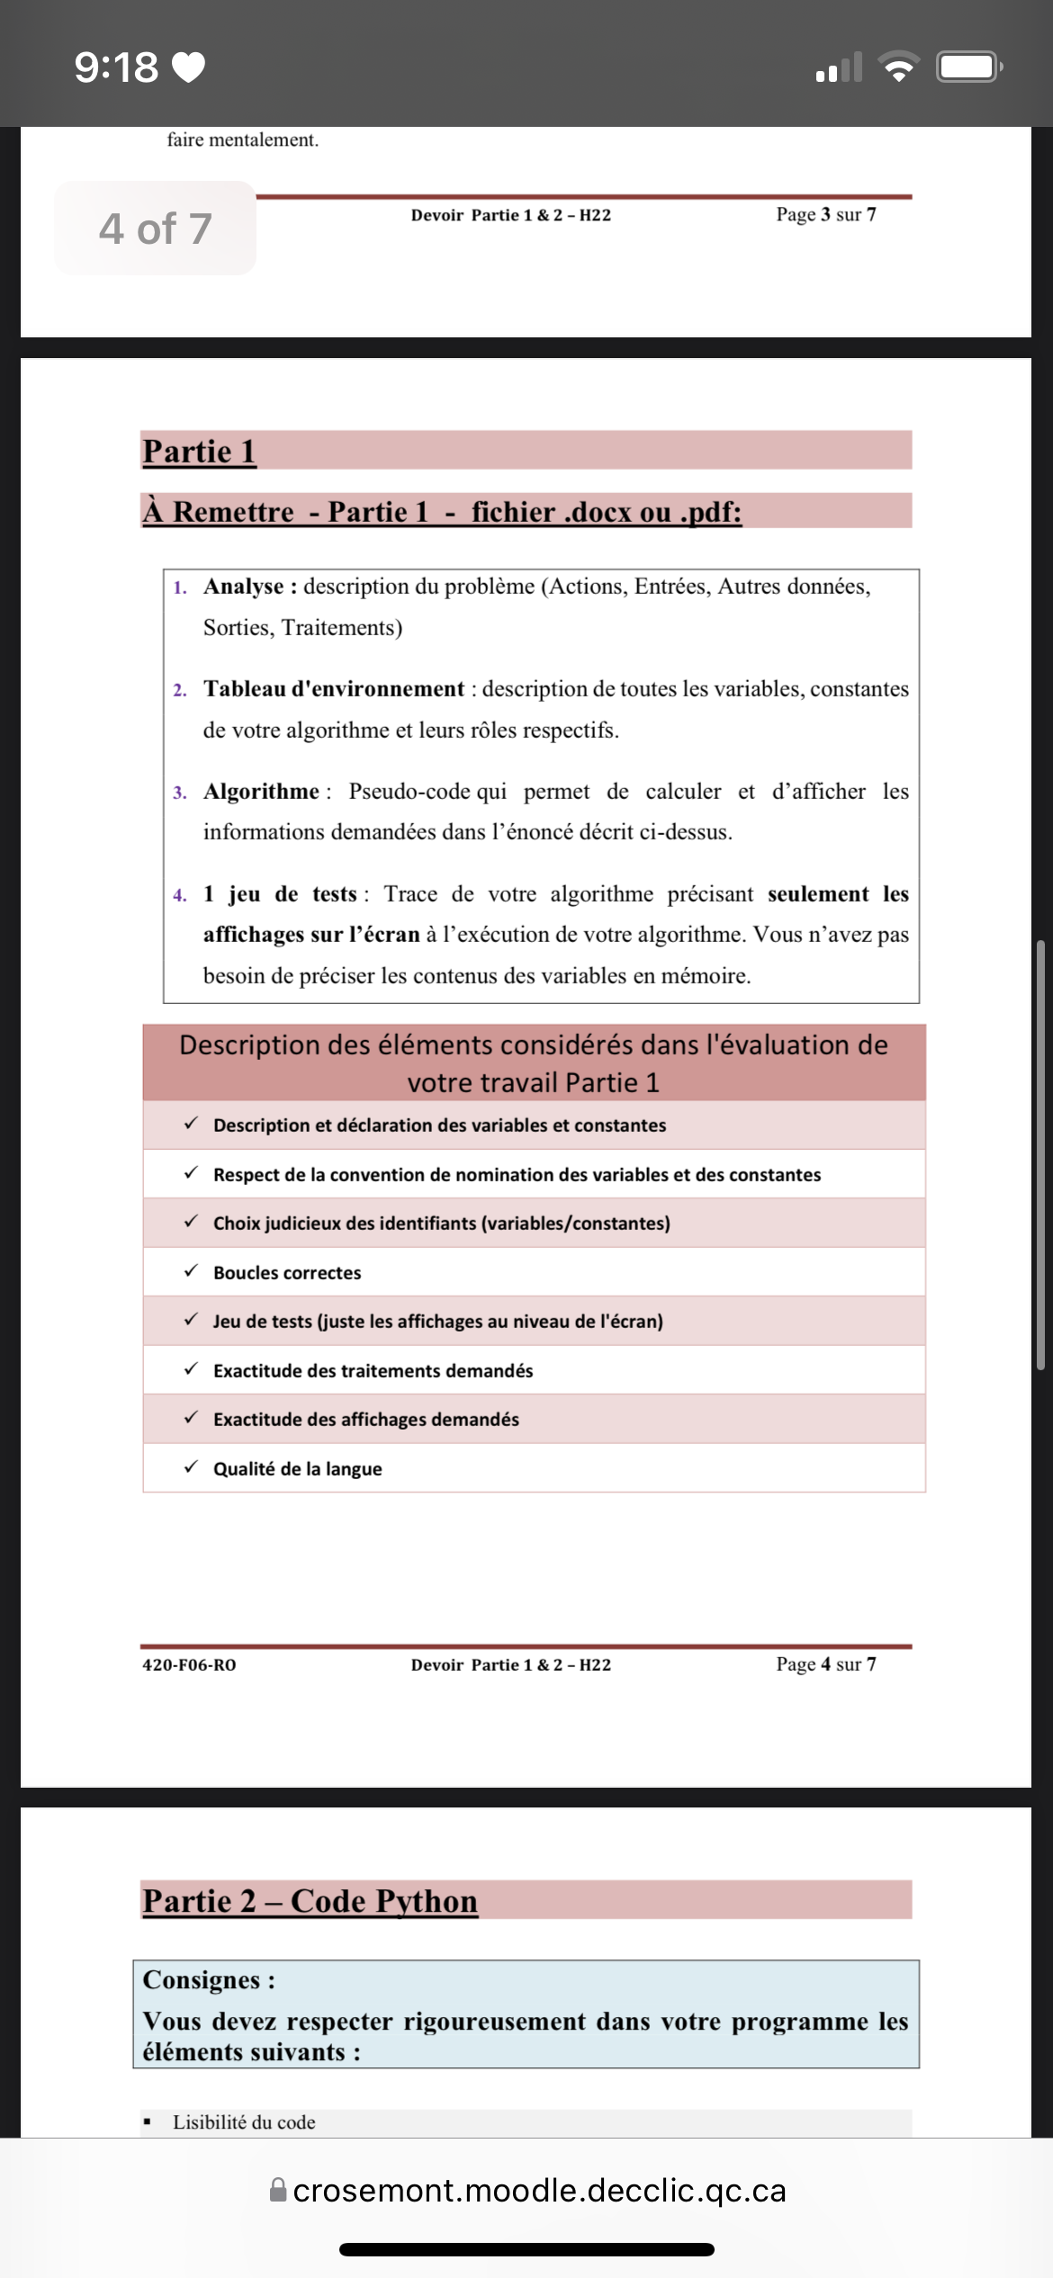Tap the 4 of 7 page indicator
pos(155,229)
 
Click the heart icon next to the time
pos(188,67)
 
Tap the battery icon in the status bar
pos(968,67)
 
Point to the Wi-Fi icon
pos(898,67)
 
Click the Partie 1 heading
pos(199,451)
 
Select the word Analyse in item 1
pos(243,587)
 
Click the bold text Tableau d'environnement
pos(334,689)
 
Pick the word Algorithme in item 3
pos(261,792)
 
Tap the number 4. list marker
pos(180,895)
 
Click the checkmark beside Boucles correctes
pos(191,1271)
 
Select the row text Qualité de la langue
pos(297,1469)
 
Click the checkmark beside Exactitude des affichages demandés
pos(191,1418)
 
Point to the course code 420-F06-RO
pos(189,1665)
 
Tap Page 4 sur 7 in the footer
pos(825,1664)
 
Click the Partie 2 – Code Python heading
pos(310,1901)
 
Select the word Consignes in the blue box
pos(201,1980)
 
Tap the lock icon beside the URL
pos(279,2189)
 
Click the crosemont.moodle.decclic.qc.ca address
pos(539,2190)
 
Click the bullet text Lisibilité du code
pos(244,2122)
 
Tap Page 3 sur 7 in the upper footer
pos(825,214)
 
